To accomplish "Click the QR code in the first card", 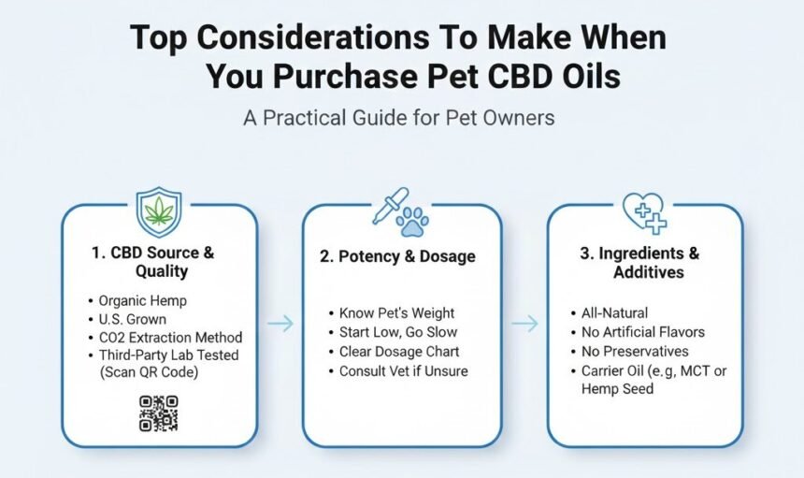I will [158, 413].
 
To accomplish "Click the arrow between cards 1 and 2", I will [280, 324].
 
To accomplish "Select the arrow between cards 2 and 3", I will [524, 324].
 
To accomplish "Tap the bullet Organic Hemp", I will [142, 301].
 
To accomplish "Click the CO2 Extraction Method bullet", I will [170, 337].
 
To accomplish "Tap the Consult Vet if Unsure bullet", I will [403, 370].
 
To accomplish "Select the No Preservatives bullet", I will [635, 352].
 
